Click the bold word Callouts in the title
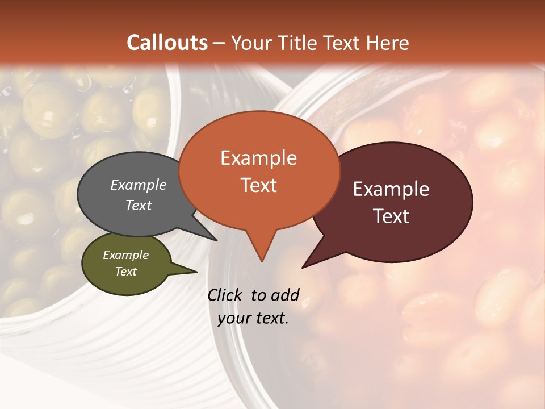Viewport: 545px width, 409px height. tap(167, 43)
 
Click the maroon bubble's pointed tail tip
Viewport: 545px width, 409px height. tap(303, 267)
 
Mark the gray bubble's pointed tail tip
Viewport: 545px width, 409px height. tap(216, 240)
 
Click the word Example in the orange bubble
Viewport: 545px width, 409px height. tap(258, 158)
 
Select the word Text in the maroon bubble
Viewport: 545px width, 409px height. tap(391, 216)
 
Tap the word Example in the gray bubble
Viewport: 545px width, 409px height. tap(139, 185)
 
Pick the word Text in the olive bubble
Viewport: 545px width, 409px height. tap(126, 272)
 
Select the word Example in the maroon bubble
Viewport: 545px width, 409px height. tap(391, 189)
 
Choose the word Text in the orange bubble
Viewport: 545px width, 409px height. tap(258, 185)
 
